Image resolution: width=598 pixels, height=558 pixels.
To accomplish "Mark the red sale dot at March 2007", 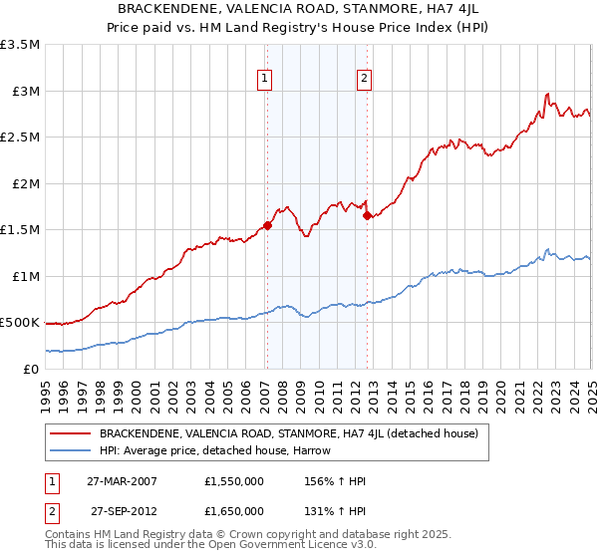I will tap(267, 226).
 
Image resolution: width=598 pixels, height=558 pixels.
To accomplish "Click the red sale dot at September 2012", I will tap(367, 215).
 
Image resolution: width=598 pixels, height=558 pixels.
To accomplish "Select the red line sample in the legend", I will tap(71, 433).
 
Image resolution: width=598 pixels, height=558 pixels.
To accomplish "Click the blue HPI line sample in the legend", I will tap(71, 450).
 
